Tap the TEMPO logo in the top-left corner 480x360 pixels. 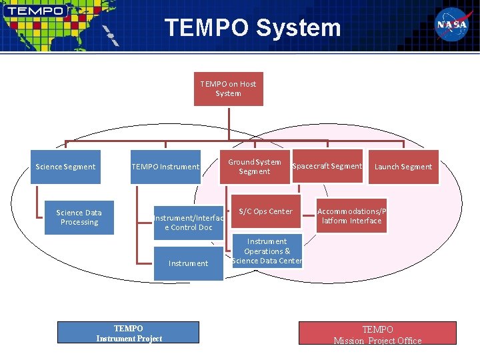[36, 11]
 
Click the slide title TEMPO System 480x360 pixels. [253, 28]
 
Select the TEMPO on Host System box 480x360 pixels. [228, 89]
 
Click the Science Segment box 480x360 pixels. [65, 167]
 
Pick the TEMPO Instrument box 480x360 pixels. [165, 167]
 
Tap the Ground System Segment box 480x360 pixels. [255, 167]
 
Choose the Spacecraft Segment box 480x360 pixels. [327, 166]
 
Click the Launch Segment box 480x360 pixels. [403, 167]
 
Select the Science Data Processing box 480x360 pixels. [79, 217]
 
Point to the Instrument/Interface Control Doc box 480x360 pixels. [188, 223]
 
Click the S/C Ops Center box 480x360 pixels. [265, 212]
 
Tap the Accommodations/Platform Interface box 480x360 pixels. [351, 216]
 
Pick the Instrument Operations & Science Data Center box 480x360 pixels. [267, 251]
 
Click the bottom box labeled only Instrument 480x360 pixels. [188, 263]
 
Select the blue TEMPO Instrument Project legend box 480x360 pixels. [129, 333]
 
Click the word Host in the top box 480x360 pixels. [247, 84]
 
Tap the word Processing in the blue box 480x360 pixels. [79, 222]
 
